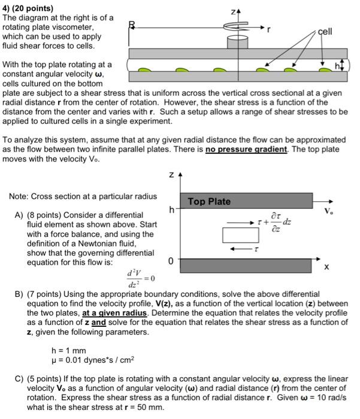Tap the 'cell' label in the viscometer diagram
[x=324, y=31]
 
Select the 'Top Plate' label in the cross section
[x=209, y=201]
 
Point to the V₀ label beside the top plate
[x=328, y=211]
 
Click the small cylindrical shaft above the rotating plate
[x=234, y=42]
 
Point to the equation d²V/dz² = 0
[x=141, y=279]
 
